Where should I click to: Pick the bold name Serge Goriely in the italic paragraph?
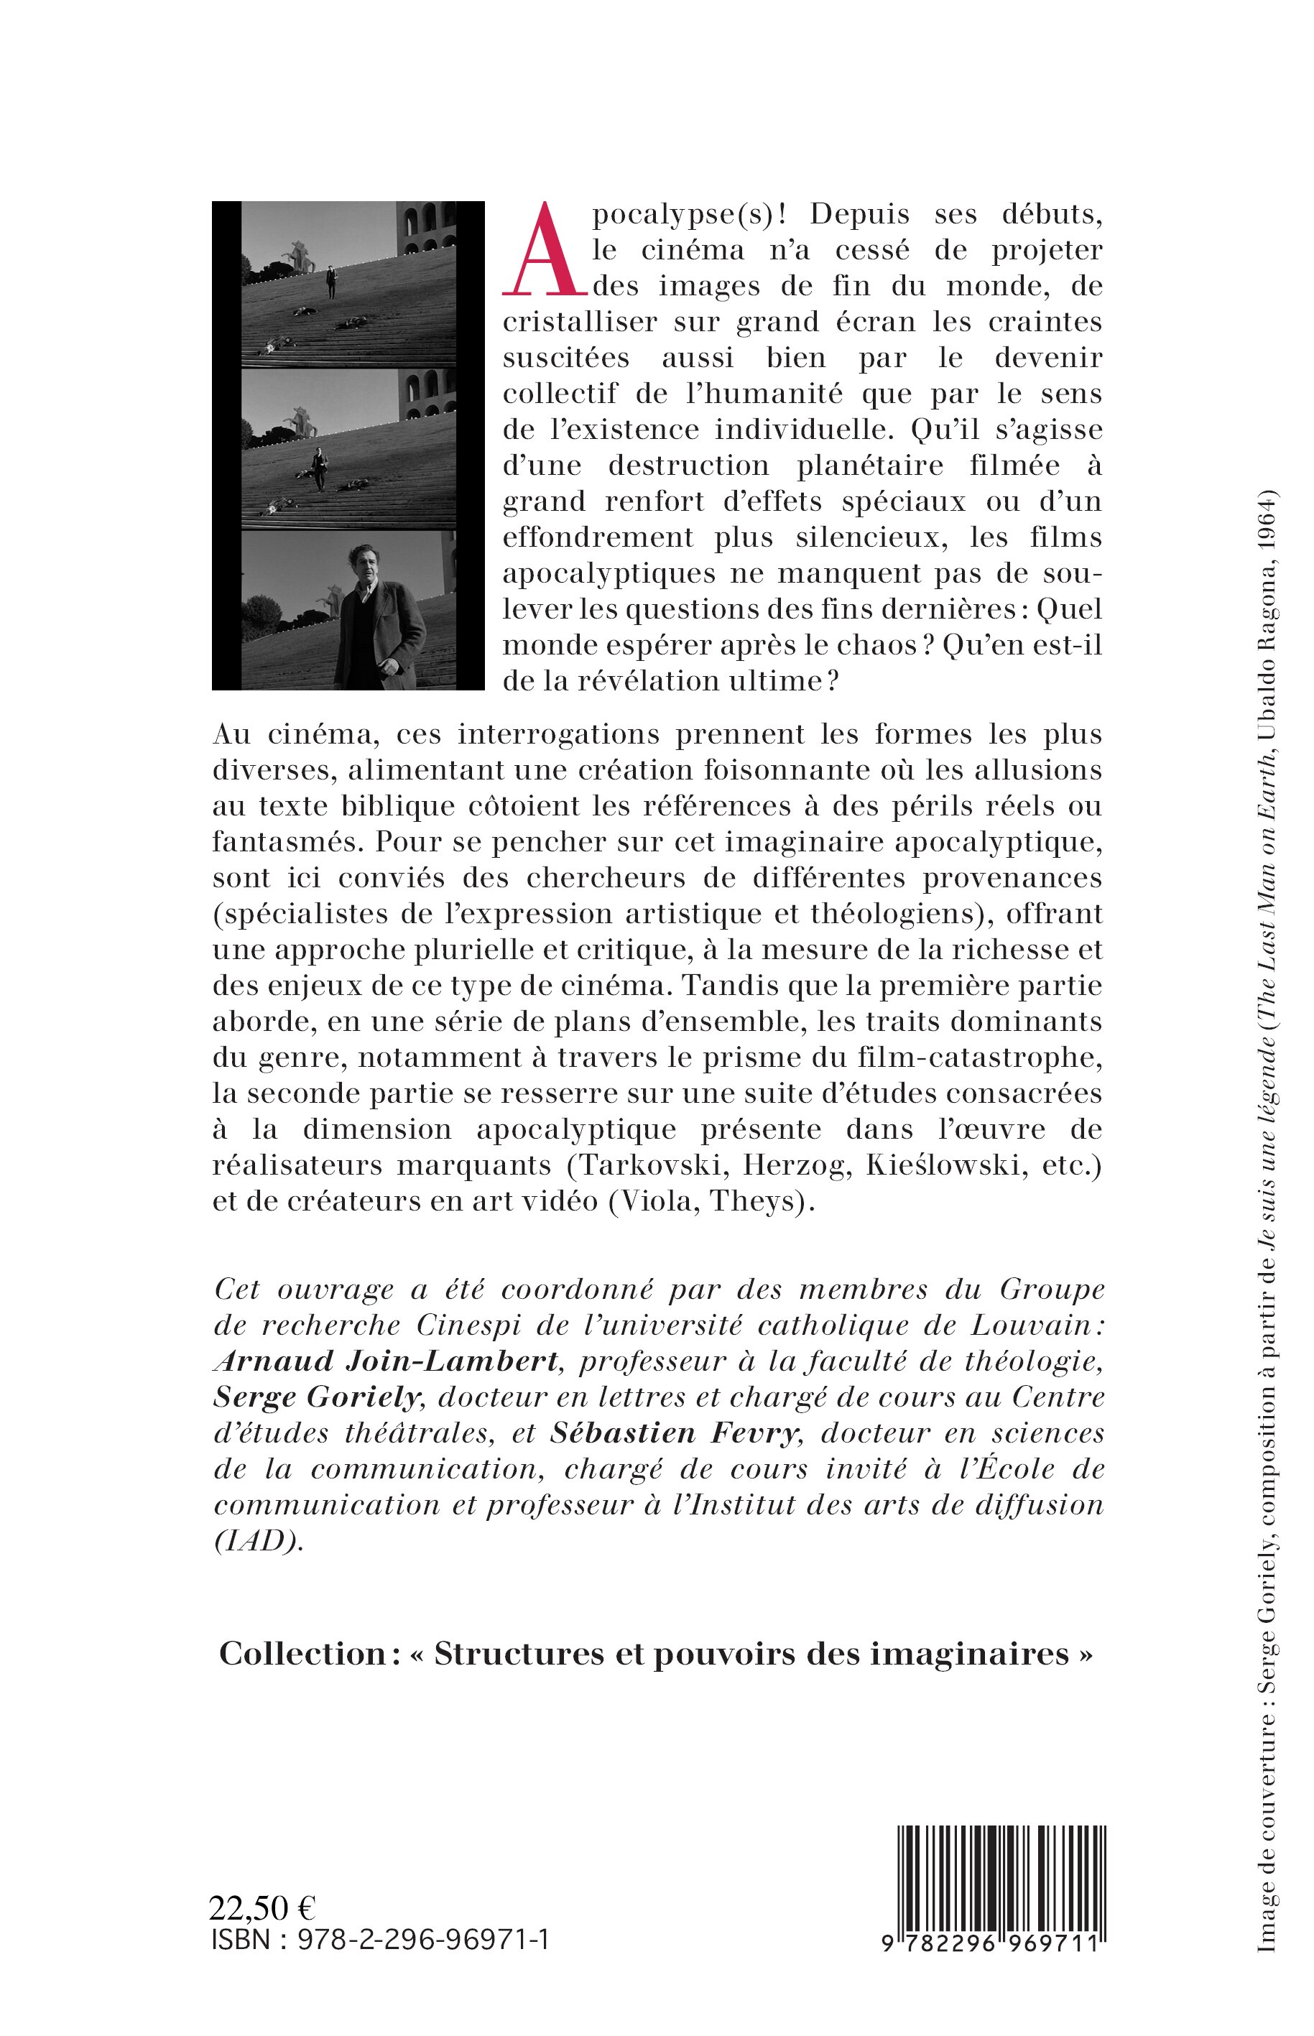coord(318,1397)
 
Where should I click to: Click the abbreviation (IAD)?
coord(258,1541)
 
